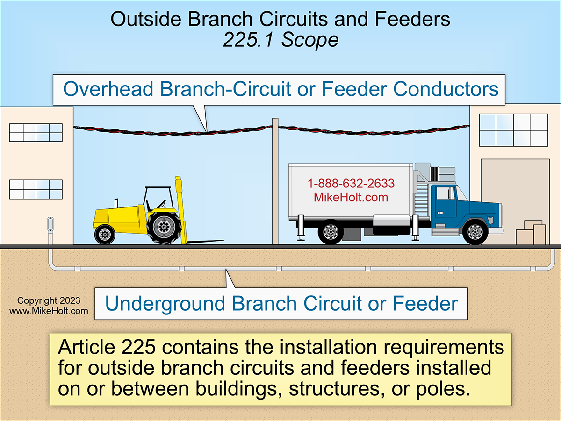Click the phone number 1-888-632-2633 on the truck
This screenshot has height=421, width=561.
pyautogui.click(x=351, y=184)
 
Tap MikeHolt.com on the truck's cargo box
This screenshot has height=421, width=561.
pyautogui.click(x=351, y=197)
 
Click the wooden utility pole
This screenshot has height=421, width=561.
pyautogui.click(x=275, y=182)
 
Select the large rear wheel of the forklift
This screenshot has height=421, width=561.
pyautogui.click(x=164, y=227)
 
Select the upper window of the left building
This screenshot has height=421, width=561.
pyautogui.click(x=36, y=132)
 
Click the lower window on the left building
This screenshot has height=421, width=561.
pyautogui.click(x=36, y=189)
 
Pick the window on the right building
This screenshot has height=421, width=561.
pyautogui.click(x=513, y=130)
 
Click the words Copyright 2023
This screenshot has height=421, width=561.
pyautogui.click(x=49, y=301)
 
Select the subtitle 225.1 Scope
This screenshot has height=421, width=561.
pyautogui.click(x=280, y=40)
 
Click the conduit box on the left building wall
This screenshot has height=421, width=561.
pyautogui.click(x=50, y=226)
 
